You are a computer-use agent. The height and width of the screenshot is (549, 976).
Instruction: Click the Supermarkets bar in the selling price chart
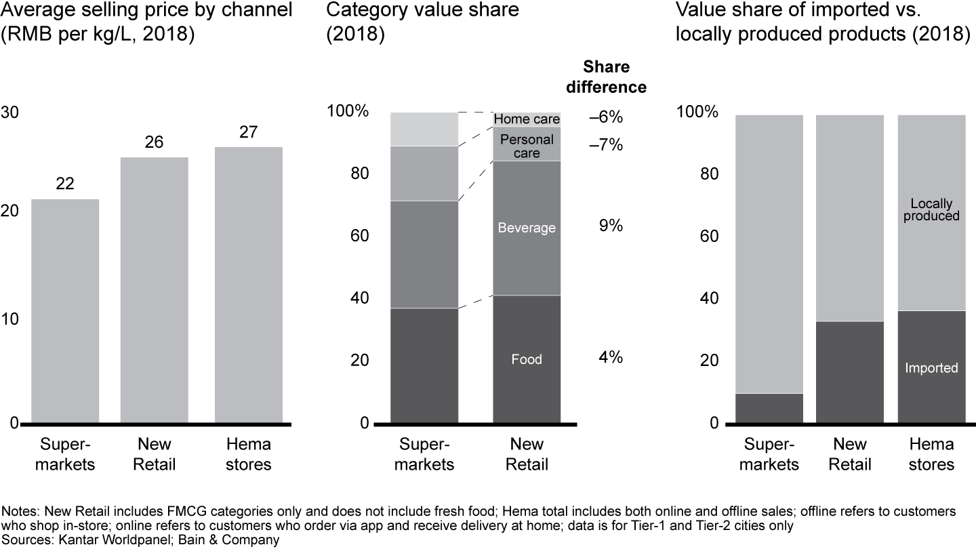click(65, 311)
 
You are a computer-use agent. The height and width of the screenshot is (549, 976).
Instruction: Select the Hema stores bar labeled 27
click(248, 285)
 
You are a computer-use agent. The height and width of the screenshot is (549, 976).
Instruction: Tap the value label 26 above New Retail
click(154, 142)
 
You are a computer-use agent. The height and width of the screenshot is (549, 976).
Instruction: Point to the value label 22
click(65, 184)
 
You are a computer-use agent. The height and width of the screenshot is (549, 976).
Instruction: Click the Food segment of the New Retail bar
click(527, 359)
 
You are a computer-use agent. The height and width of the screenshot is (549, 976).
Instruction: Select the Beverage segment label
click(527, 228)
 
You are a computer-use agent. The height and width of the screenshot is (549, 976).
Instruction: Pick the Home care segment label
click(527, 120)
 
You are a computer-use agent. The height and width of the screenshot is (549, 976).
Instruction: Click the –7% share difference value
click(605, 145)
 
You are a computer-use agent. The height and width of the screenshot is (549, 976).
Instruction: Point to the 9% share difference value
click(611, 226)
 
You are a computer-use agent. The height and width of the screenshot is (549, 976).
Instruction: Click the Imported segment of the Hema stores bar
click(931, 367)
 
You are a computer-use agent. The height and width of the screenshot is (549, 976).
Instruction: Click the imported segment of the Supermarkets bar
click(769, 408)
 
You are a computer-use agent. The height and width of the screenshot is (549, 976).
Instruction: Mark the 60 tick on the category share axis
click(359, 237)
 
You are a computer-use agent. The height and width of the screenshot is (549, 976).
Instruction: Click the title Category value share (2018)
click(422, 22)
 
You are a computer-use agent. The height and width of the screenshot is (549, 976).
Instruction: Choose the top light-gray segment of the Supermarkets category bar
click(424, 129)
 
